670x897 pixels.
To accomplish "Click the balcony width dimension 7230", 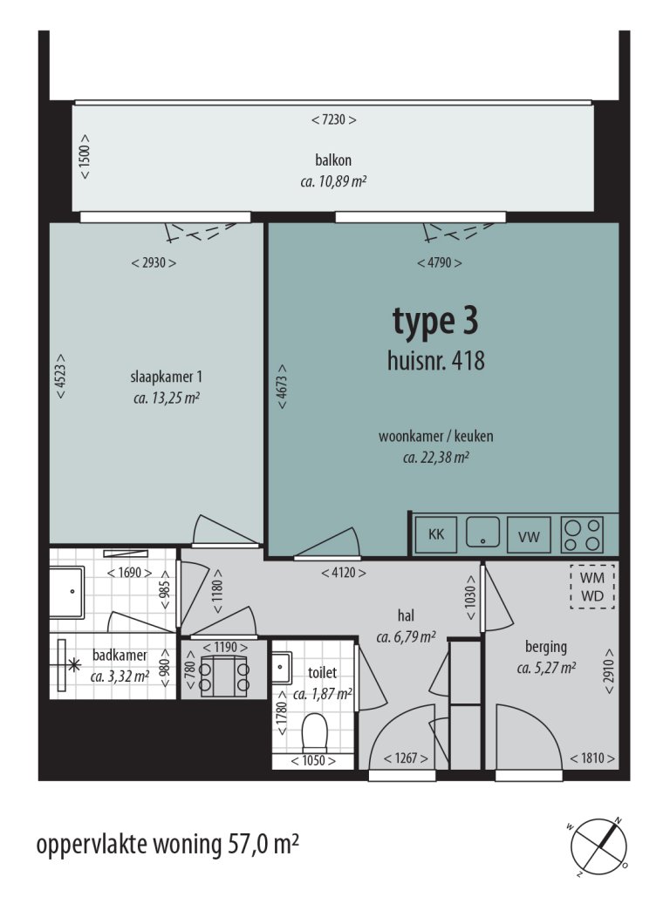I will click(333, 120).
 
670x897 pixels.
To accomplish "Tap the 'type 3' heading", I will click(434, 322).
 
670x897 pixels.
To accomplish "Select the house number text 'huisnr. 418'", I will click(435, 360).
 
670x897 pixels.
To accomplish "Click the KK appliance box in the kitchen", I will click(435, 534).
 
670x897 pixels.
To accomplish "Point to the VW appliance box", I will click(529, 536).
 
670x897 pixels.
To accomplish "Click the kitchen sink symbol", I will click(482, 532).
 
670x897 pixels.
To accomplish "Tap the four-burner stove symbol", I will click(583, 533).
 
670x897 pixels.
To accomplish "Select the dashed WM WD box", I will click(592, 586).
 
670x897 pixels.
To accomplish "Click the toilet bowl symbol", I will click(313, 732).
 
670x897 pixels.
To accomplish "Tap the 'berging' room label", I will click(546, 647).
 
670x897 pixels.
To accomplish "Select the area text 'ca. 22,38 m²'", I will click(436, 456).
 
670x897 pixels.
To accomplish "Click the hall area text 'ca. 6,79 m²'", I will click(406, 637).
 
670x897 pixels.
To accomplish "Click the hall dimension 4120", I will click(343, 573).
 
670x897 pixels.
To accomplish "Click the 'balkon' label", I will click(333, 160).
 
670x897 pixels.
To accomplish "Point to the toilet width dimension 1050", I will click(314, 760).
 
